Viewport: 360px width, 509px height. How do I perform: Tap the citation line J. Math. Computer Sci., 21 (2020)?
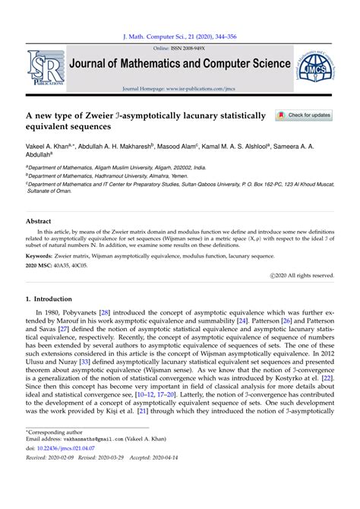180,35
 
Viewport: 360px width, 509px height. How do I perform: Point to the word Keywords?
43,257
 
